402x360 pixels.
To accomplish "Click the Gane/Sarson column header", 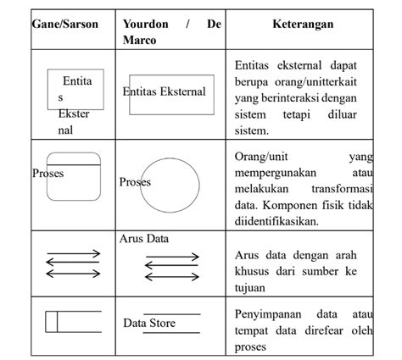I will point(64,24).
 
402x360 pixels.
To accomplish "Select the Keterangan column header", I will point(303,24).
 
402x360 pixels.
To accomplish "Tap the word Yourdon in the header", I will point(145,24).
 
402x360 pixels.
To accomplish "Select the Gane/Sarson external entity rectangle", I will point(76,90).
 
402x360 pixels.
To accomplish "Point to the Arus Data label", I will point(144,239).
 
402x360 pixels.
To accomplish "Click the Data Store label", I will point(149,323).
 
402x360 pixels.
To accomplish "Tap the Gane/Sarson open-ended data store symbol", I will point(71,322).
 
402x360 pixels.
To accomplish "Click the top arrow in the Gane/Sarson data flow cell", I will point(73,255).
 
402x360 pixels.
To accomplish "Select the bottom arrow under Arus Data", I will point(172,277).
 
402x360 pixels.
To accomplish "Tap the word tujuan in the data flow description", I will point(253,286).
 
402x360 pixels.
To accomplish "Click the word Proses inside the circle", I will point(135,182).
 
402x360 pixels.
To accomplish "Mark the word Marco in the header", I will point(139,40).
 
